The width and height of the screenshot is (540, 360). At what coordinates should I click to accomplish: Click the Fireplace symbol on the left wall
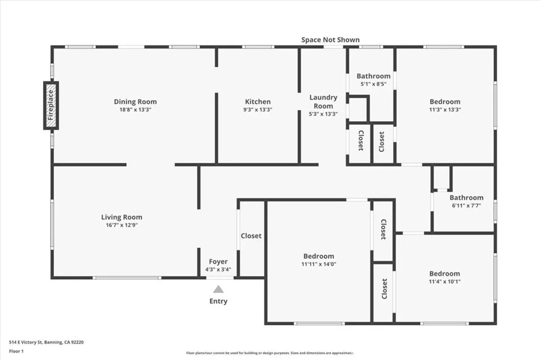[x=51, y=105]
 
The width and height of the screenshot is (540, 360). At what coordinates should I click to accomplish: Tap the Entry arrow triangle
[x=218, y=289]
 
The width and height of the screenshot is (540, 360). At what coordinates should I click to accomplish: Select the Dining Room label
[x=136, y=102]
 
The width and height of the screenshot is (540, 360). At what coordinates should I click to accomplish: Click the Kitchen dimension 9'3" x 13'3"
[x=258, y=110]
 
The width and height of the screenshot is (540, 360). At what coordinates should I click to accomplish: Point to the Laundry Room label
[x=323, y=101]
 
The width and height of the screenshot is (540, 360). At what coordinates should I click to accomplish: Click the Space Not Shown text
[x=331, y=40]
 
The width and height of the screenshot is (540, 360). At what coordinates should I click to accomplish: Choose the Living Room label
[x=122, y=217]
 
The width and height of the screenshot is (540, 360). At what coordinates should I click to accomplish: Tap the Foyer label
[x=218, y=261]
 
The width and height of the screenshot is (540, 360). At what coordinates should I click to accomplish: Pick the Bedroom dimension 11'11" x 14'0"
[x=319, y=264]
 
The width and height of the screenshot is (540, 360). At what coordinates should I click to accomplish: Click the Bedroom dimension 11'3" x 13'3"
[x=445, y=110]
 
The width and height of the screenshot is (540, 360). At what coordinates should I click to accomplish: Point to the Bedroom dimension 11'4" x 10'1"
[x=445, y=281]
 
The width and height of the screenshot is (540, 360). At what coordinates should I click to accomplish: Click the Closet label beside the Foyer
[x=251, y=236]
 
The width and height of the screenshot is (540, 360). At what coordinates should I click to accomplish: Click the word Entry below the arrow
[x=218, y=301]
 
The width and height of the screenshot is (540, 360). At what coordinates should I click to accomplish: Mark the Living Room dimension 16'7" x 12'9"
[x=122, y=225]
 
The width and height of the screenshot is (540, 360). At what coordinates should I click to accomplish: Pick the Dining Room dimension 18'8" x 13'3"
[x=136, y=110]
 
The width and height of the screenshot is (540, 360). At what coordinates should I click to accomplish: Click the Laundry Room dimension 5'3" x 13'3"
[x=323, y=113]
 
